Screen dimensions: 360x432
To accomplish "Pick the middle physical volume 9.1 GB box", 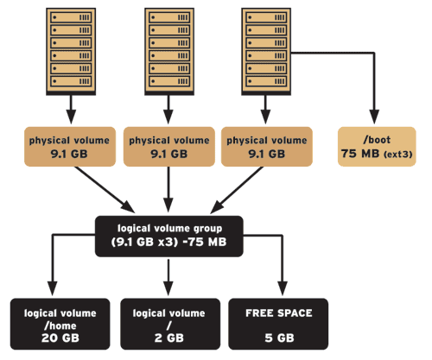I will [166, 146].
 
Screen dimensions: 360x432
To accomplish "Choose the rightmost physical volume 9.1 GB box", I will [264, 146].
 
